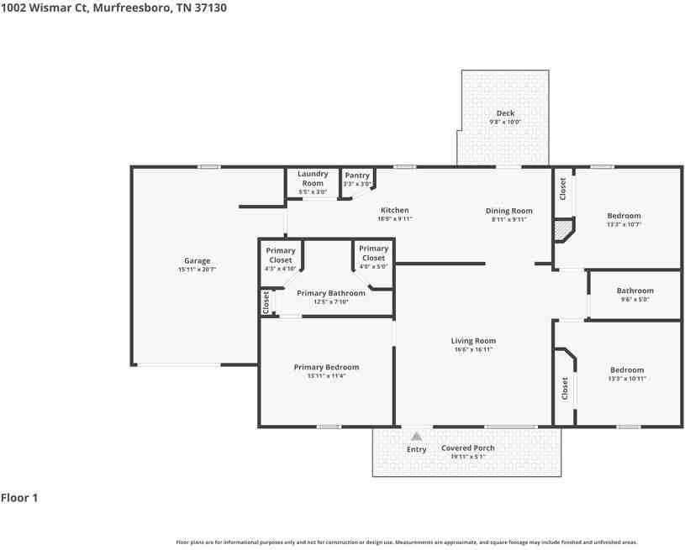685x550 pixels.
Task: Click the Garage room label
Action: pos(198,260)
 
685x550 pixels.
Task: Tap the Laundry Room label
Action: pos(313,179)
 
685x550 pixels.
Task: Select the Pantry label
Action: pos(357,175)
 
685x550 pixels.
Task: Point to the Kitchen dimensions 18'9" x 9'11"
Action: pos(394,219)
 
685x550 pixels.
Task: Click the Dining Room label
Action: pos(508,211)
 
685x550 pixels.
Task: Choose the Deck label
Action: pos(505,113)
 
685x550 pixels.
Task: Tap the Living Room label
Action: pos(473,341)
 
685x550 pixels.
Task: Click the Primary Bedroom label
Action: pos(326,367)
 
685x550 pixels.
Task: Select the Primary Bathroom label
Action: pos(330,293)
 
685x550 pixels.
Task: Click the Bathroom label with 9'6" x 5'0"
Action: pos(635,291)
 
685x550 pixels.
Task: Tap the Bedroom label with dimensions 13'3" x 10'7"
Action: pos(624,216)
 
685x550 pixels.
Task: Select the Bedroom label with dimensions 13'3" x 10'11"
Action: pos(627,370)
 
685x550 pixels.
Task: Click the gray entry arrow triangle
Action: pos(416,436)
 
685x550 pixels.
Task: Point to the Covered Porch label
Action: pos(468,448)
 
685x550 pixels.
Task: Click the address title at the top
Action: pos(113,8)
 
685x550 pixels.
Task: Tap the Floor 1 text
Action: pos(19,498)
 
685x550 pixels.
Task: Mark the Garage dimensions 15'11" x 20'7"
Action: pos(198,270)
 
